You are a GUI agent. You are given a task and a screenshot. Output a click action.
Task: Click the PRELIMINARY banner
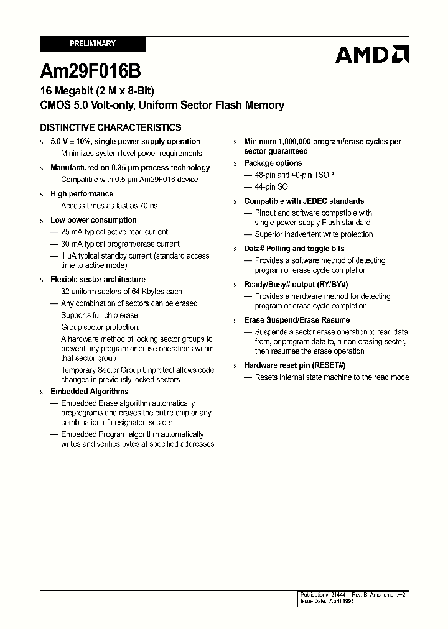(93, 44)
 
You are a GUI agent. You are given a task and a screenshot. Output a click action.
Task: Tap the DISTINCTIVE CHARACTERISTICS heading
(111, 127)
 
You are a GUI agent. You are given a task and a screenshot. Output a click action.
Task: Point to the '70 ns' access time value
(147, 206)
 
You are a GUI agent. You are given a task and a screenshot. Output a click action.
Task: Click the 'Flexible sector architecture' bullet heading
(98, 280)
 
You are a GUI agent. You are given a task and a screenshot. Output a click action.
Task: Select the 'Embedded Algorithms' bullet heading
(89, 392)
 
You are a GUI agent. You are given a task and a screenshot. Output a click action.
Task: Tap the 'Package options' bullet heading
(273, 163)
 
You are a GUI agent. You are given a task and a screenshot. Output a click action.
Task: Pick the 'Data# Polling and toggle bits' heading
(294, 249)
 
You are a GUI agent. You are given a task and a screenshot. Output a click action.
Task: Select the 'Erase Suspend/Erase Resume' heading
(297, 320)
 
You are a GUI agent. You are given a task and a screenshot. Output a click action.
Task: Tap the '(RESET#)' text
(328, 365)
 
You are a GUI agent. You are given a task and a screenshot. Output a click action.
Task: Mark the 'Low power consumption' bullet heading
(93, 220)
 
